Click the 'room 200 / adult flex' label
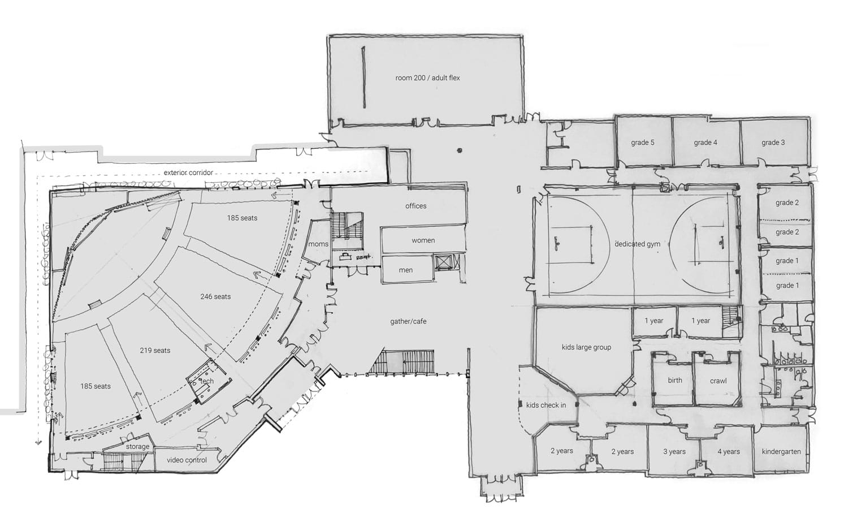[427, 77]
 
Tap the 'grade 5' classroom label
[642, 143]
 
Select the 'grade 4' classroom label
[705, 143]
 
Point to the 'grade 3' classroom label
[773, 143]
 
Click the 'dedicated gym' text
[638, 244]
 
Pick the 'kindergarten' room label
[781, 451]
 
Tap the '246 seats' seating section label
[215, 296]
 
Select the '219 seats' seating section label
[155, 350]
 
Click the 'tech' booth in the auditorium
[208, 381]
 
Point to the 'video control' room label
[187, 460]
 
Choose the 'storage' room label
[137, 446]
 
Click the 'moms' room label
[318, 244]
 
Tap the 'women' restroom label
[423, 240]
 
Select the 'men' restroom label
[405, 270]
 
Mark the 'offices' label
[416, 206]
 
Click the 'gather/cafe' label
[408, 321]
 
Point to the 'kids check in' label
[545, 405]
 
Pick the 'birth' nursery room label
[675, 380]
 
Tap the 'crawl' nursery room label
[718, 381]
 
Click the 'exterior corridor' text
[188, 173]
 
